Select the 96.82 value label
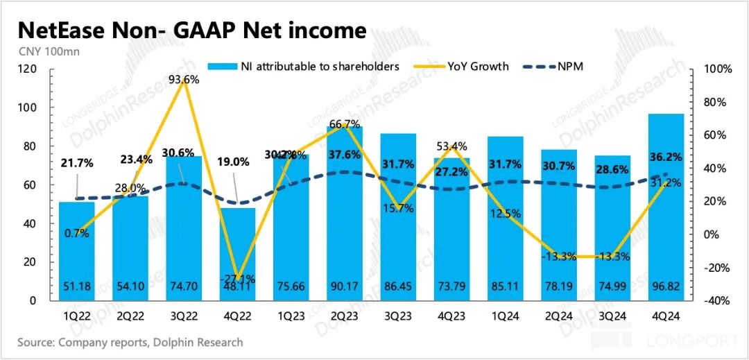[666, 289]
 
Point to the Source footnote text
[130, 342]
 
